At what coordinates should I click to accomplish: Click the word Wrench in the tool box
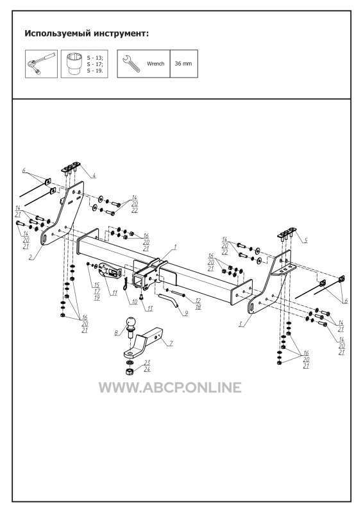pyautogui.click(x=155, y=63)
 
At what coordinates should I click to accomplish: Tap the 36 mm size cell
pyautogui.click(x=183, y=63)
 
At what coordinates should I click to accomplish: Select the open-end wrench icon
pyautogui.click(x=131, y=63)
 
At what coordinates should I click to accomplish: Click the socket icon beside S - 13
pyautogui.click(x=75, y=64)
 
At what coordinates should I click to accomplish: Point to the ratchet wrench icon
pyautogui.click(x=41, y=63)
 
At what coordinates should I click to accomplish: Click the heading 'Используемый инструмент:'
pyautogui.click(x=87, y=34)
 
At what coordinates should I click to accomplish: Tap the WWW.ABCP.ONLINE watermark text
pyautogui.click(x=170, y=387)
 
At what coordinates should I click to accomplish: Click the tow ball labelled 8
pyautogui.click(x=130, y=326)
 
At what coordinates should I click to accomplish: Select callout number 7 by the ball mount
pyautogui.click(x=171, y=343)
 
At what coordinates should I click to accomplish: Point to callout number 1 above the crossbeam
pyautogui.click(x=175, y=247)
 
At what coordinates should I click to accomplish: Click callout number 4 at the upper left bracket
pyautogui.click(x=94, y=176)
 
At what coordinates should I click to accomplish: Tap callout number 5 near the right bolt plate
pyautogui.click(x=305, y=240)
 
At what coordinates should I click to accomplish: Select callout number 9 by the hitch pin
pyautogui.click(x=186, y=313)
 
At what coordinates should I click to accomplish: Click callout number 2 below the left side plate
pyautogui.click(x=30, y=257)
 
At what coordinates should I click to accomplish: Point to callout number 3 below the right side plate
pyautogui.click(x=241, y=324)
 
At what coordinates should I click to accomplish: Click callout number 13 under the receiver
pyautogui.click(x=149, y=308)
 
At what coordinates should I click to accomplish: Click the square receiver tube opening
pyautogui.click(x=138, y=280)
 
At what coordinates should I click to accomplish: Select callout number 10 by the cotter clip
pyautogui.click(x=134, y=301)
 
